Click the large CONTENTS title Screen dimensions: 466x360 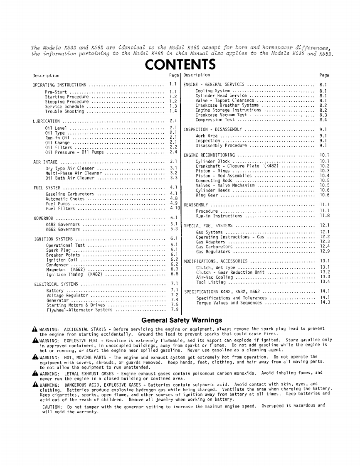point(180,65)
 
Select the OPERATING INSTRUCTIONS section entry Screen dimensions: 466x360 point(59,85)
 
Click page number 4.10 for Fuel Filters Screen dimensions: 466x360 point(175,208)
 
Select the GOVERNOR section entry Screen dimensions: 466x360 point(42,218)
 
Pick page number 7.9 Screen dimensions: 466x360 point(174,309)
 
